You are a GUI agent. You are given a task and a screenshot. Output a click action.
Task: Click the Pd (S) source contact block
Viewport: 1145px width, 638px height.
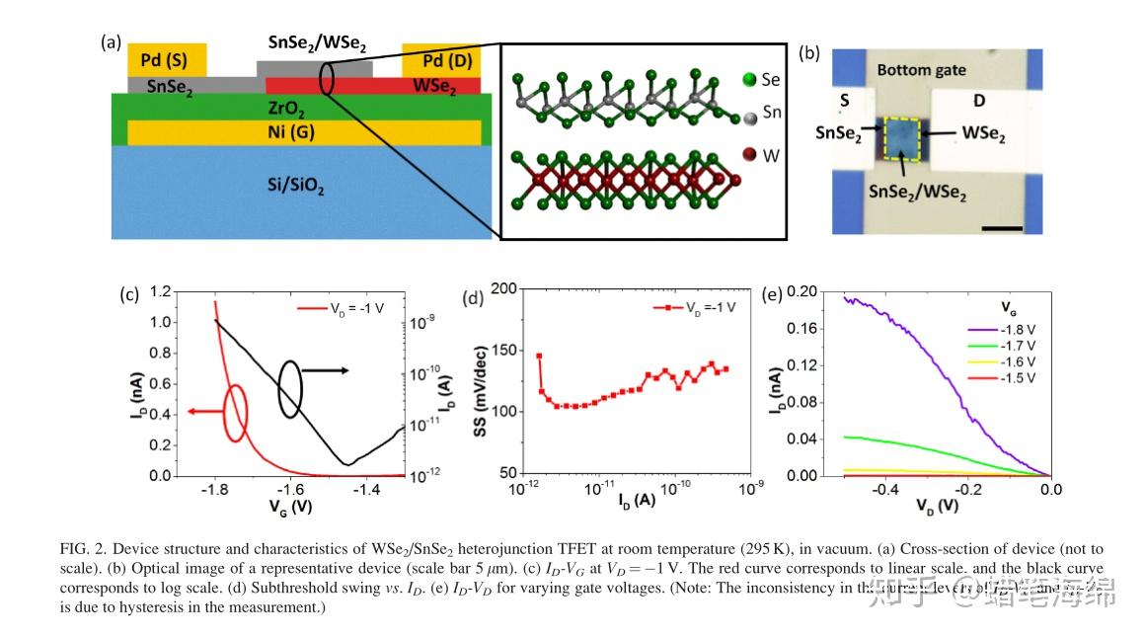pos(168,59)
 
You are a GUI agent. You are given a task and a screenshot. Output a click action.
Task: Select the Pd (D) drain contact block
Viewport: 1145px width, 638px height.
pos(441,61)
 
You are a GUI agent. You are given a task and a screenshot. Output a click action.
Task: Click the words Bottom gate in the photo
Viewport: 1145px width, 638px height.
pos(921,70)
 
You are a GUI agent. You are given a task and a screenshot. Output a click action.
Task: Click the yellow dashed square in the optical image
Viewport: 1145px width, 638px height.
pos(901,138)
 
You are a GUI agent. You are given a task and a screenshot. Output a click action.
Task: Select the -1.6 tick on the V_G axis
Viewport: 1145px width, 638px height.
pos(291,490)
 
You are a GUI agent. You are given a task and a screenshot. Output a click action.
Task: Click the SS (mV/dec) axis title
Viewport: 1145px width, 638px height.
pos(482,380)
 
